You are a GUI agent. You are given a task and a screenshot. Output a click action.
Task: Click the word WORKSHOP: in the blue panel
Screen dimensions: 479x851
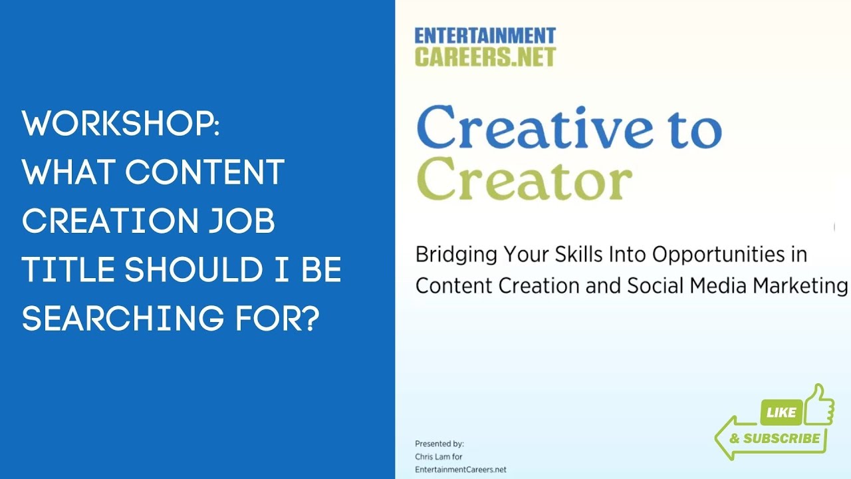coord(120,124)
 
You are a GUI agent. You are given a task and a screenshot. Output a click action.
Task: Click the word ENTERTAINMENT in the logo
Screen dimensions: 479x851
coord(485,36)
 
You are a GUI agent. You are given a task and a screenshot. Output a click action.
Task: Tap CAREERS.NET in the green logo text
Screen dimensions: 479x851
coord(485,57)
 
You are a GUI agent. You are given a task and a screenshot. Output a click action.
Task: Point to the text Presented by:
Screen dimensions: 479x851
coord(439,444)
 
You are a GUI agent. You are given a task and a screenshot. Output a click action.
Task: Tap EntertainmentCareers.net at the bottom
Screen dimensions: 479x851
coord(460,469)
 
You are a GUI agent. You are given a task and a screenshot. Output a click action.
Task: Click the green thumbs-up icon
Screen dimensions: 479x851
coord(819,405)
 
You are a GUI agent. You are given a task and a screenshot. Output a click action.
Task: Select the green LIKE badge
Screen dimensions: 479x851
coord(781,413)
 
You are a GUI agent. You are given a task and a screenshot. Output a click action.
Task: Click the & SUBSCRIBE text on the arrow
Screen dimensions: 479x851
coord(775,438)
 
